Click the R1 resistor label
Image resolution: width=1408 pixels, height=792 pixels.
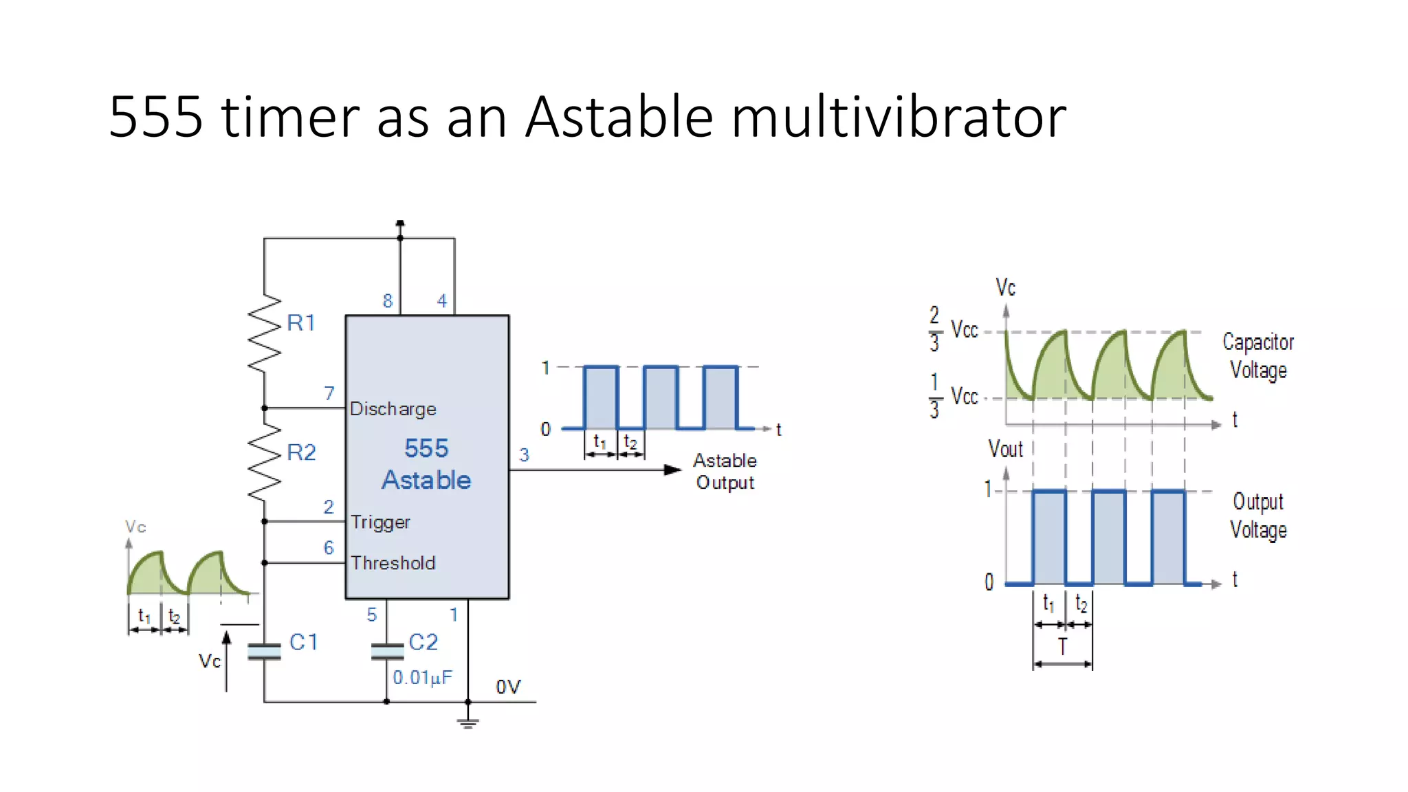pyautogui.click(x=301, y=322)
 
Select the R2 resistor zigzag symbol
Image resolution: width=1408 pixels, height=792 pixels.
pyautogui.click(x=265, y=461)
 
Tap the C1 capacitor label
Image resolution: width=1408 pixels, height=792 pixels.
pyautogui.click(x=303, y=642)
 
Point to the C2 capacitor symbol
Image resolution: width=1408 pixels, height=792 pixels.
pyautogui.click(x=386, y=651)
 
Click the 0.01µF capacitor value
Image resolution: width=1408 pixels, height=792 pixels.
pyautogui.click(x=422, y=677)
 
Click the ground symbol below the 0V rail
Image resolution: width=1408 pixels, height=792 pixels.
pyautogui.click(x=468, y=722)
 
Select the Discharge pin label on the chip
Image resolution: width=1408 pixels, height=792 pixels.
pyautogui.click(x=393, y=408)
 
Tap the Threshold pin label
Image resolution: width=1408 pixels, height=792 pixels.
pyautogui.click(x=393, y=563)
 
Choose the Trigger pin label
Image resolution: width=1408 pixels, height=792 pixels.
pyautogui.click(x=380, y=522)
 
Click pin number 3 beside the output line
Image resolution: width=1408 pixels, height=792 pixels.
pyautogui.click(x=524, y=454)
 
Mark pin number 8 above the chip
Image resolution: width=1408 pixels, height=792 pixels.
pyautogui.click(x=388, y=300)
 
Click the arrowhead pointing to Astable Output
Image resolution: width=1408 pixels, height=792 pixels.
pyautogui.click(x=672, y=470)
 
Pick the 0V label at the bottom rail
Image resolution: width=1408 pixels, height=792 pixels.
pyautogui.click(x=508, y=686)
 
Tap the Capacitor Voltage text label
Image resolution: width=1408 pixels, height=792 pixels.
pyautogui.click(x=1257, y=356)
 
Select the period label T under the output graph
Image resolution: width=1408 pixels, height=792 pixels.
pyautogui.click(x=1062, y=647)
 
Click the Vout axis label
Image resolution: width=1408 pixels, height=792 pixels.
pyautogui.click(x=1005, y=449)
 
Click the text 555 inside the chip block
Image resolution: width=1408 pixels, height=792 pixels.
pyautogui.click(x=426, y=448)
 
